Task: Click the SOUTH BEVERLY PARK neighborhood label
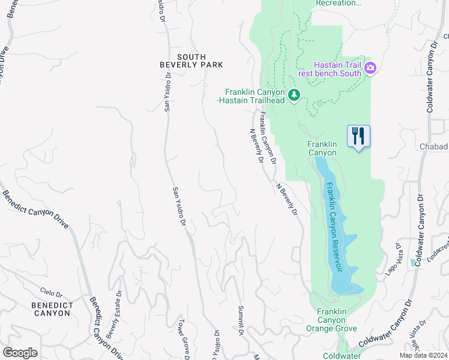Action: pyautogui.click(x=191, y=60)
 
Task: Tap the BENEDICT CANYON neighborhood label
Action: pyautogui.click(x=53, y=309)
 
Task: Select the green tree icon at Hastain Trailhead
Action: pyautogui.click(x=294, y=95)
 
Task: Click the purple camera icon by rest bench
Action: pyautogui.click(x=370, y=68)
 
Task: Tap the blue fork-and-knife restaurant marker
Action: pyautogui.click(x=358, y=136)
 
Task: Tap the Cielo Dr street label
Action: pyautogui.click(x=51, y=292)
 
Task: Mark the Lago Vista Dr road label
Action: pyautogui.click(x=395, y=259)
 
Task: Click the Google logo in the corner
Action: pyautogui.click(x=20, y=353)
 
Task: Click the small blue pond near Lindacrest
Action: pyautogui.click(x=413, y=262)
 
